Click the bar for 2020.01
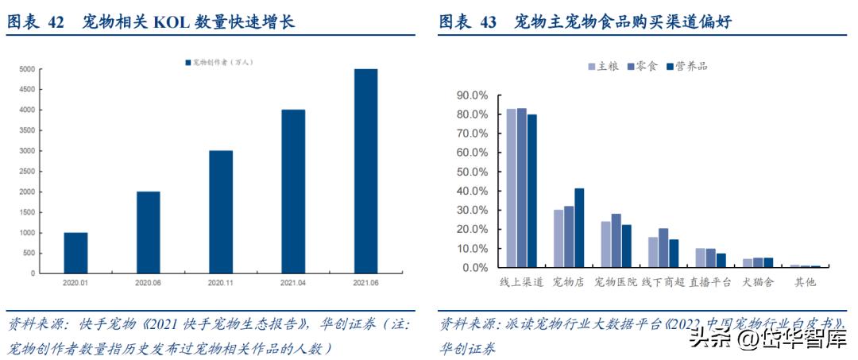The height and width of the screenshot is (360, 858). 75,252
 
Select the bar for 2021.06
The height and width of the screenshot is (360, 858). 365,171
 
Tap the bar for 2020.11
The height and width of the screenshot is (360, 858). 221,211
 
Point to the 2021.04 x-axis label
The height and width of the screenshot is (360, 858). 293,282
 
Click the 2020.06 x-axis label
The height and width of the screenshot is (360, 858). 148,282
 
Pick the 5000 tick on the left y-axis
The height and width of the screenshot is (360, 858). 27,69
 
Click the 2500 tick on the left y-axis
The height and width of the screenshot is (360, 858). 27,171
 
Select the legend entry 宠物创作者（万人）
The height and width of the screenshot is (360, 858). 218,62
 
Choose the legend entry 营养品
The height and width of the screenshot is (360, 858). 686,66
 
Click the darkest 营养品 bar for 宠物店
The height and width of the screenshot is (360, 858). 579,227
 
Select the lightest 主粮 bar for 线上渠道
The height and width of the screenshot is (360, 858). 512,188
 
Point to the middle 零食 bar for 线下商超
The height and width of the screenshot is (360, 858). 663,247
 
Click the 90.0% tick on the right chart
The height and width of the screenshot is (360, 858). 470,95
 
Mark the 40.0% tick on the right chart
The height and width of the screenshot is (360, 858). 470,191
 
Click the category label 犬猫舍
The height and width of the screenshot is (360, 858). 758,282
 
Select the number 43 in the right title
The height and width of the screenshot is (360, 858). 489,21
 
